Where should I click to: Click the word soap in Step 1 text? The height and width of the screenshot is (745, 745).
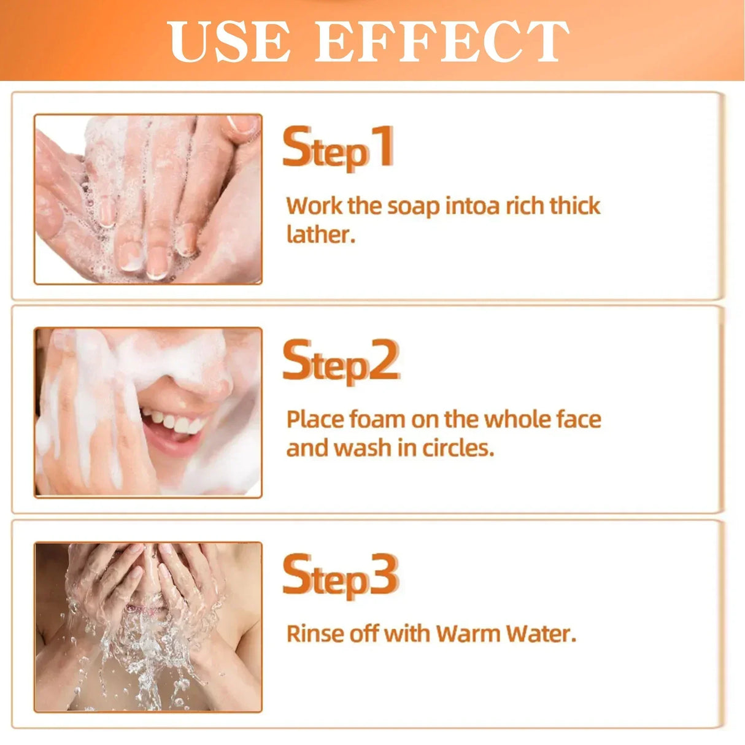point(413,207)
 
